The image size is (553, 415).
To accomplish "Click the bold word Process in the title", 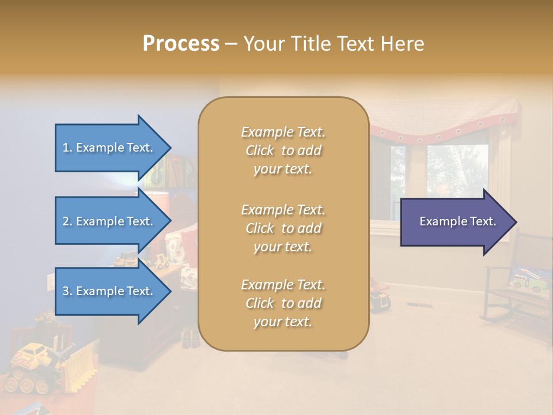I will click(x=181, y=44).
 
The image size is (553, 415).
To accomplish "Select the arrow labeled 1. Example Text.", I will click(x=109, y=148).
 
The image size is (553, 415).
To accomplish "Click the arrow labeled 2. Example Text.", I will click(x=109, y=221).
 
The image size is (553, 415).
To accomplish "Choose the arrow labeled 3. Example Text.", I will click(x=109, y=291).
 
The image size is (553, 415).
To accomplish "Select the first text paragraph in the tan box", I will click(x=283, y=150).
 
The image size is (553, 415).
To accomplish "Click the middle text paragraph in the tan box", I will click(x=283, y=228).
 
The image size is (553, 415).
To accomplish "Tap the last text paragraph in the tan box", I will click(x=283, y=303).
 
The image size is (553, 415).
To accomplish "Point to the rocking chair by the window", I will click(x=516, y=282).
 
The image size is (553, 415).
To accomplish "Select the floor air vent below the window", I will click(x=416, y=305).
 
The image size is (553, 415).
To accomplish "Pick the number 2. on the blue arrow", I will click(x=67, y=221).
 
